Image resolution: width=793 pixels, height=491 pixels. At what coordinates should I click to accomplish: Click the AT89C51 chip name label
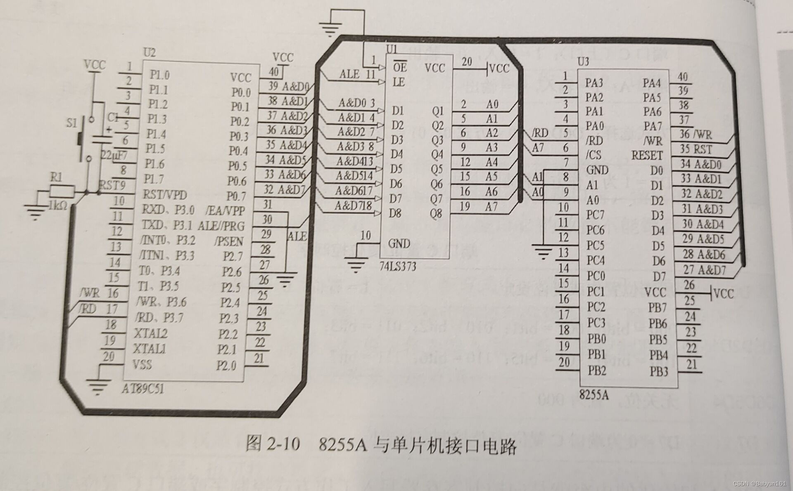click(142, 389)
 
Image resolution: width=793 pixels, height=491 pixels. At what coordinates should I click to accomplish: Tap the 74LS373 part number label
click(397, 267)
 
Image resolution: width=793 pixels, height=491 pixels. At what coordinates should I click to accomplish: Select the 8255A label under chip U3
click(594, 394)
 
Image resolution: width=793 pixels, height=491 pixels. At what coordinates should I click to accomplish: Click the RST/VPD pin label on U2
click(164, 195)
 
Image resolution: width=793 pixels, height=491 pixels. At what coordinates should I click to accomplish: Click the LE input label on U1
click(398, 82)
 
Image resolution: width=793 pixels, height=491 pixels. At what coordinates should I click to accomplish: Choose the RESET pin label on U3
click(646, 156)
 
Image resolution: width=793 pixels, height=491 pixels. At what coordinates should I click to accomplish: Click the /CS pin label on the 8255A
click(593, 155)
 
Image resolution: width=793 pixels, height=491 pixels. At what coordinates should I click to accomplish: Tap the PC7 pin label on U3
click(595, 215)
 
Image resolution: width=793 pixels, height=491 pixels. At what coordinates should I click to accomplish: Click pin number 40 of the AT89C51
click(273, 72)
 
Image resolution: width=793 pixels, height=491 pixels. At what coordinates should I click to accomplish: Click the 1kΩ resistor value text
click(57, 205)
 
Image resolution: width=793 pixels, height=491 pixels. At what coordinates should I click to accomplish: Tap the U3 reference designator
click(582, 62)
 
